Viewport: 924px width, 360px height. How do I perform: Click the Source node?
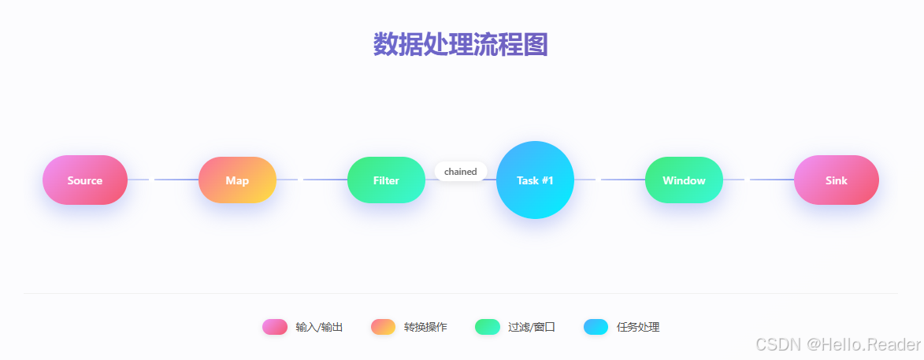point(85,180)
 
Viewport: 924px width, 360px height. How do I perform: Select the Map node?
point(237,180)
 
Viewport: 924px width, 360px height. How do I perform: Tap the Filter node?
point(386,180)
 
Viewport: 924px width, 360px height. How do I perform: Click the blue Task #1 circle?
point(535,180)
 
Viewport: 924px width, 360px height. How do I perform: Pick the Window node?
point(684,180)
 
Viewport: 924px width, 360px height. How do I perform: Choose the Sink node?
point(836,180)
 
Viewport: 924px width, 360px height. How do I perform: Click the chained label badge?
point(461,171)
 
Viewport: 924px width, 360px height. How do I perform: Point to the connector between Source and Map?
point(163,180)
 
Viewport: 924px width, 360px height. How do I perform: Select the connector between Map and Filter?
point(312,180)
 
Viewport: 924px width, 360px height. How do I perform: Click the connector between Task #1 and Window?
point(610,180)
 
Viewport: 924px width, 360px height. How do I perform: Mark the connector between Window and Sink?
point(759,180)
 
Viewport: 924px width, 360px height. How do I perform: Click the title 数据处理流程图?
point(461,45)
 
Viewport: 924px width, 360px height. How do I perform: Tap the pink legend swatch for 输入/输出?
point(275,327)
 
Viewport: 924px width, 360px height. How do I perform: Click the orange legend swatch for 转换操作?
point(384,327)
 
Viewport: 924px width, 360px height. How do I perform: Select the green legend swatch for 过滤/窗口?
point(488,327)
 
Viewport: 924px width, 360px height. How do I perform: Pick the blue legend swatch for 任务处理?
point(596,327)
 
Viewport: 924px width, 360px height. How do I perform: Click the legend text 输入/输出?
point(319,327)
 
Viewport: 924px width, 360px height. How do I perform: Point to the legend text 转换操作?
point(425,327)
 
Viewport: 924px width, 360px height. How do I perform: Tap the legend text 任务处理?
point(638,327)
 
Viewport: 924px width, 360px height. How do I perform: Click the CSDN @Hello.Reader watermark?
point(837,344)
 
